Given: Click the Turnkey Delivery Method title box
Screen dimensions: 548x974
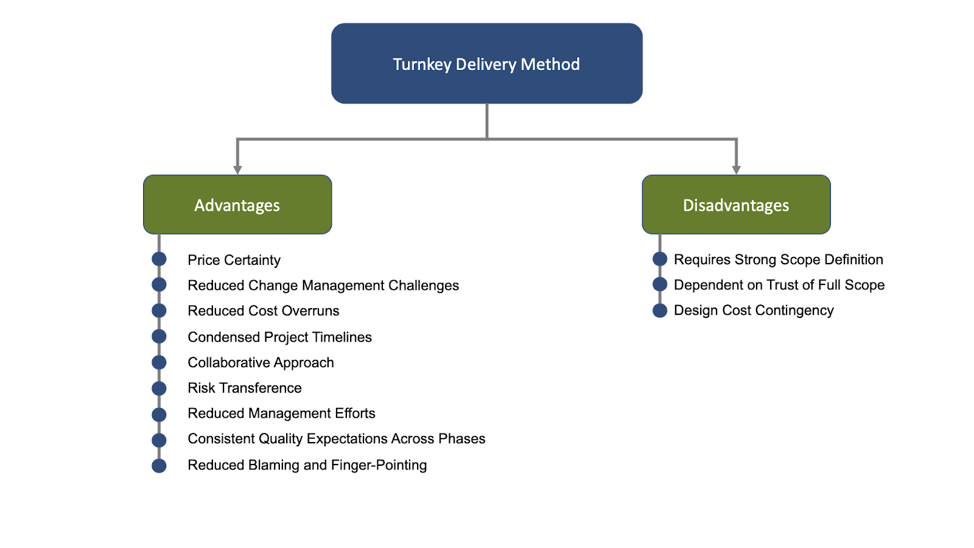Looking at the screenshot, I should tap(486, 64).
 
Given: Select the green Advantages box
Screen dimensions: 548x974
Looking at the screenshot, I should tap(237, 205).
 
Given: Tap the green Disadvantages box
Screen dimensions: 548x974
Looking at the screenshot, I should tap(736, 205).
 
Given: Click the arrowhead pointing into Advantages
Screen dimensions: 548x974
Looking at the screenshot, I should tap(237, 169).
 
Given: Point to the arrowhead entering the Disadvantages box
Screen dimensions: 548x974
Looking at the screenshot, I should tap(736, 169).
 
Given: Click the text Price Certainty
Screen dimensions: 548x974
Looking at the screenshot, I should tap(234, 260).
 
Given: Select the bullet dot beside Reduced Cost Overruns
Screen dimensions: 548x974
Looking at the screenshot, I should tap(159, 311).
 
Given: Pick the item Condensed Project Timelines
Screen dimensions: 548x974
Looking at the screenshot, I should tap(279, 337).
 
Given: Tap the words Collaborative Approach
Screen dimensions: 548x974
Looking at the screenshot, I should tap(261, 363).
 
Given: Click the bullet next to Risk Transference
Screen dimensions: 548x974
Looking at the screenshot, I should tap(159, 388).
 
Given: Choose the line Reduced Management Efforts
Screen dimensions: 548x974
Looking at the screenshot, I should tap(281, 413).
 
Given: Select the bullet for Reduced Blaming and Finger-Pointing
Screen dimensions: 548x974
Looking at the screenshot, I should tap(159, 466).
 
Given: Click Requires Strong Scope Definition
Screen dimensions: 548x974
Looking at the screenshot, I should tap(778, 260).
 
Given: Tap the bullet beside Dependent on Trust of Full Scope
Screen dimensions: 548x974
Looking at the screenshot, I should tap(660, 284).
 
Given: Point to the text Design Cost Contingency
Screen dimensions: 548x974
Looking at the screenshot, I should tap(754, 311).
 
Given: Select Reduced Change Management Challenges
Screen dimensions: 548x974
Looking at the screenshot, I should tap(323, 286).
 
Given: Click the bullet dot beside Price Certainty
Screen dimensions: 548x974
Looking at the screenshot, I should tap(159, 259).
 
